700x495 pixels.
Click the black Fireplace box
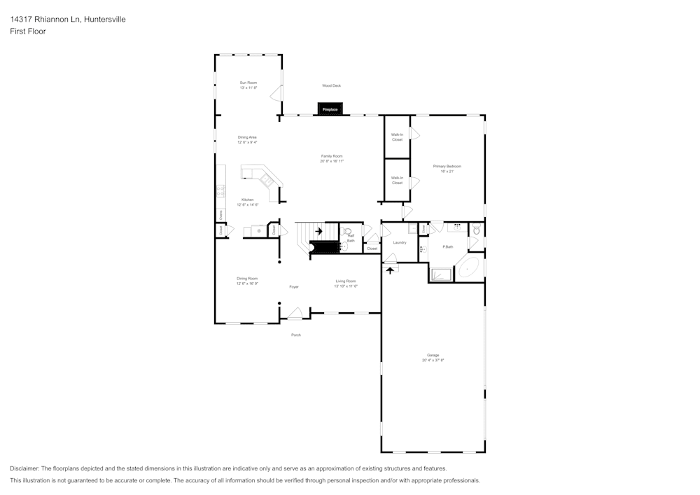point(330,109)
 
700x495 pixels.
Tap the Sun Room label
point(248,83)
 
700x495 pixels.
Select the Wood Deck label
point(331,85)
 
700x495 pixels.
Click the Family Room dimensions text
point(331,161)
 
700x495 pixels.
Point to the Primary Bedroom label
point(447,166)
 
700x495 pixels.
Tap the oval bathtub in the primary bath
point(468,269)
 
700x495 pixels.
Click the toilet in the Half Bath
point(346,230)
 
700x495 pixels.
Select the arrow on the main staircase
point(318,230)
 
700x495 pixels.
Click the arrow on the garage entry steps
point(390,269)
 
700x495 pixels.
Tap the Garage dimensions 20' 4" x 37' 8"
point(433,360)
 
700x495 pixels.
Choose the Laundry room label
point(400,242)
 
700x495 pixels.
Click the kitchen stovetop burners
point(220,189)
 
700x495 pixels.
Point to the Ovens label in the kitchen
point(220,214)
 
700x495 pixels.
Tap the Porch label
point(296,335)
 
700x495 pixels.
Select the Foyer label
point(294,286)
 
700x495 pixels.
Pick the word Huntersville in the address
point(105,20)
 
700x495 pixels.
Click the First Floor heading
point(28,32)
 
